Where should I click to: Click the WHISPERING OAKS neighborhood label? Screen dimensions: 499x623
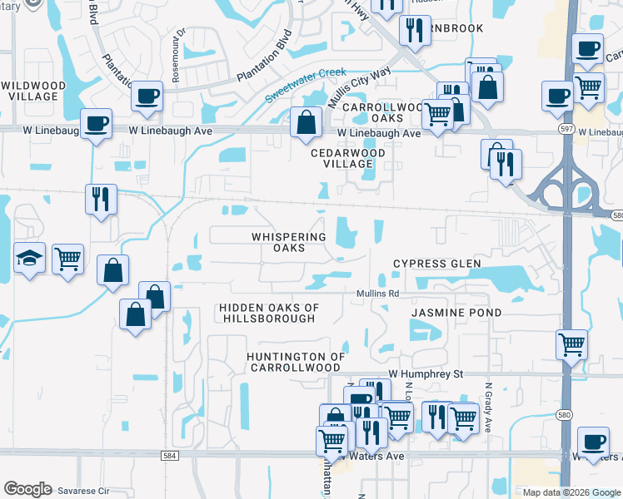click(289, 242)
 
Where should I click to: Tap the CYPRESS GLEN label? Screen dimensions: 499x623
click(437, 264)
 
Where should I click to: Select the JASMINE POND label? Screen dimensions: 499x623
click(456, 313)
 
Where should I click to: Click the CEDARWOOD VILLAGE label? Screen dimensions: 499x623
click(348, 159)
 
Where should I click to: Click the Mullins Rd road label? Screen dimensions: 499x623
click(378, 294)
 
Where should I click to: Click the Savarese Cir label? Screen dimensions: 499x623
click(82, 491)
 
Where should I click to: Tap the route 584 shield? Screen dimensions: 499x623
click(170, 455)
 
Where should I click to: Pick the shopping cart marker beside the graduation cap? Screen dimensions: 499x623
click(67, 258)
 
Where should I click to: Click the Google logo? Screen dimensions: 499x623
click(27, 489)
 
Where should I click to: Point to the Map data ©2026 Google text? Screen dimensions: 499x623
click(571, 492)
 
